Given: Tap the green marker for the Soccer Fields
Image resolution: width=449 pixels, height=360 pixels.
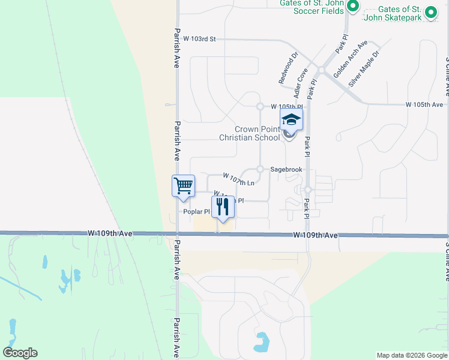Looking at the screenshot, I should pyautogui.click(x=354, y=7).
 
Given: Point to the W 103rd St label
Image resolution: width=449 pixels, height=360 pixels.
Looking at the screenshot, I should pyautogui.click(x=199, y=38).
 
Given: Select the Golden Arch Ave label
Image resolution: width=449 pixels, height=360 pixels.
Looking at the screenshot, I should pyautogui.click(x=351, y=59).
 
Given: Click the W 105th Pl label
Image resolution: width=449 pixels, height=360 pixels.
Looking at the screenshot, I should pyautogui.click(x=285, y=106).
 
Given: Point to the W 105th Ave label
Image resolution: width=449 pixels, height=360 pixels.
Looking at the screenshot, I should pyautogui.click(x=424, y=104).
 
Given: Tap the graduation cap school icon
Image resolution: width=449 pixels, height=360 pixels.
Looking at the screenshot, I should pyautogui.click(x=292, y=120).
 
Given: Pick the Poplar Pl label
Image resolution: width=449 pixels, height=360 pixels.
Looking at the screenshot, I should pyautogui.click(x=197, y=212).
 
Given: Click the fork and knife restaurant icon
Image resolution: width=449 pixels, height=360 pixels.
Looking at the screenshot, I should pyautogui.click(x=223, y=207).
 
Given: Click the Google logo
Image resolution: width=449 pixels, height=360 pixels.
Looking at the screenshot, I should pyautogui.click(x=20, y=353).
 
